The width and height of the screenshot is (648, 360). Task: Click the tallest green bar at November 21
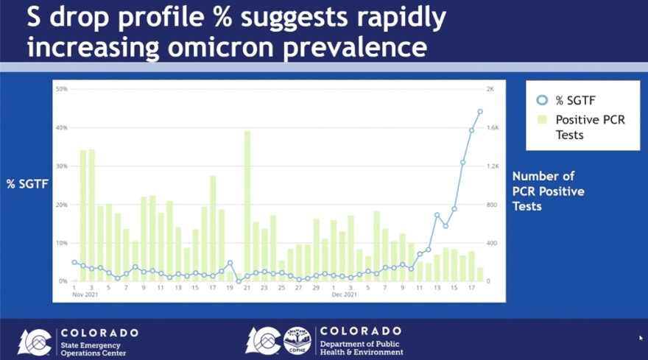(247, 206)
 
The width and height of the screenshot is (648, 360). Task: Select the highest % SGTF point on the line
(480, 112)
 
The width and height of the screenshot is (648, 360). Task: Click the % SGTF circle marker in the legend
(543, 100)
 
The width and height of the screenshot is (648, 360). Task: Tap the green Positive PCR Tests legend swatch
(543, 120)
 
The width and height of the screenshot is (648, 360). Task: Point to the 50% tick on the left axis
(62, 89)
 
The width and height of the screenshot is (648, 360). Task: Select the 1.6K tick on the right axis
(492, 127)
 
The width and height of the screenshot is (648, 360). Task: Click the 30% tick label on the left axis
(62, 166)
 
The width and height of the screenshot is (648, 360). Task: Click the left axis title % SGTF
(27, 184)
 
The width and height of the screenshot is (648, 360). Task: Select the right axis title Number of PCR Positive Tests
(548, 191)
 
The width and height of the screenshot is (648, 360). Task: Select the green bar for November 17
(213, 228)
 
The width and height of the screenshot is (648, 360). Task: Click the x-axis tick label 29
(316, 288)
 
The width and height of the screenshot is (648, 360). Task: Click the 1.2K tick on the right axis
(492, 166)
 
